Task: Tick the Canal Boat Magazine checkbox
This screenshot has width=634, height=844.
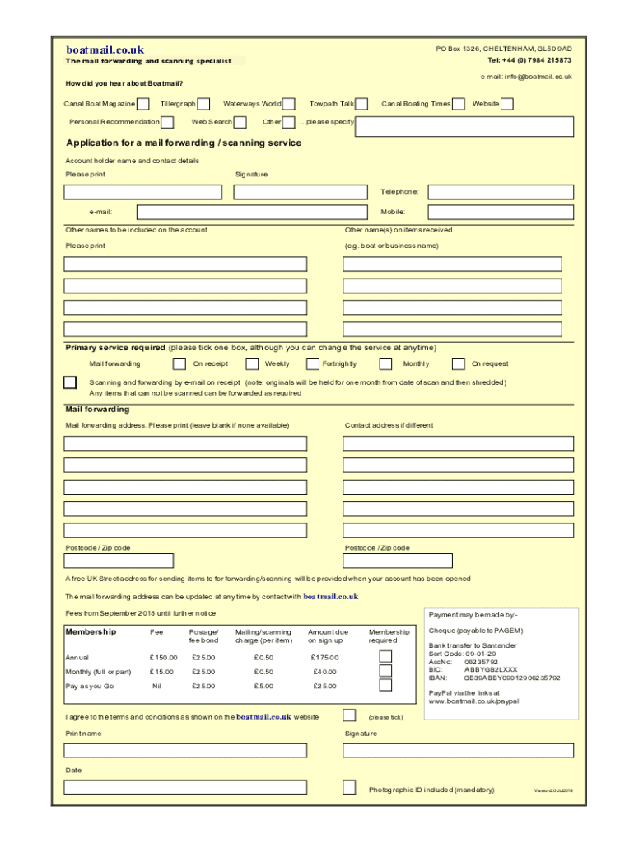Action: pyautogui.click(x=143, y=104)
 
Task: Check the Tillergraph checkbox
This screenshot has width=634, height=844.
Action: pyautogui.click(x=203, y=104)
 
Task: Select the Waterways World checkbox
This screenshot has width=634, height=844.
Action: pyautogui.click(x=289, y=104)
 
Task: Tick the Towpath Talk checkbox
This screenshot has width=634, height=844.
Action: pyautogui.click(x=361, y=104)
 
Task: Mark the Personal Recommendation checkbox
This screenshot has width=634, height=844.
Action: pyautogui.click(x=167, y=122)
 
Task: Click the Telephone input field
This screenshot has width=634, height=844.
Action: pyautogui.click(x=501, y=192)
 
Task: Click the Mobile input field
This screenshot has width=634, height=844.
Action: pyautogui.click(x=501, y=213)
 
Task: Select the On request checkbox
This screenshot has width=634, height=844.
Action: pyautogui.click(x=458, y=363)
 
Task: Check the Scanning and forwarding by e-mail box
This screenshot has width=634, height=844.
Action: pyautogui.click(x=71, y=382)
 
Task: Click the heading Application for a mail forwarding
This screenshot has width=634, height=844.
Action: pyautogui.click(x=183, y=143)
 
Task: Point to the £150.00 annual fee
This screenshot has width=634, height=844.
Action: pyautogui.click(x=163, y=658)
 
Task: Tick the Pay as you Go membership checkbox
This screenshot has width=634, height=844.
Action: pyautogui.click(x=385, y=685)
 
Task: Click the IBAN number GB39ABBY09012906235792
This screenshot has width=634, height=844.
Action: pyautogui.click(x=511, y=678)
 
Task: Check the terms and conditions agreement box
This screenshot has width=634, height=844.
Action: pyautogui.click(x=349, y=715)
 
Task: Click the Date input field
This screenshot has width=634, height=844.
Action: pyautogui.click(x=185, y=787)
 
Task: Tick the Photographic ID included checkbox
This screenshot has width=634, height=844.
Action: pyautogui.click(x=349, y=787)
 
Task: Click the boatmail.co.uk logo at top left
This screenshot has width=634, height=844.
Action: pyautogui.click(x=105, y=49)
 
